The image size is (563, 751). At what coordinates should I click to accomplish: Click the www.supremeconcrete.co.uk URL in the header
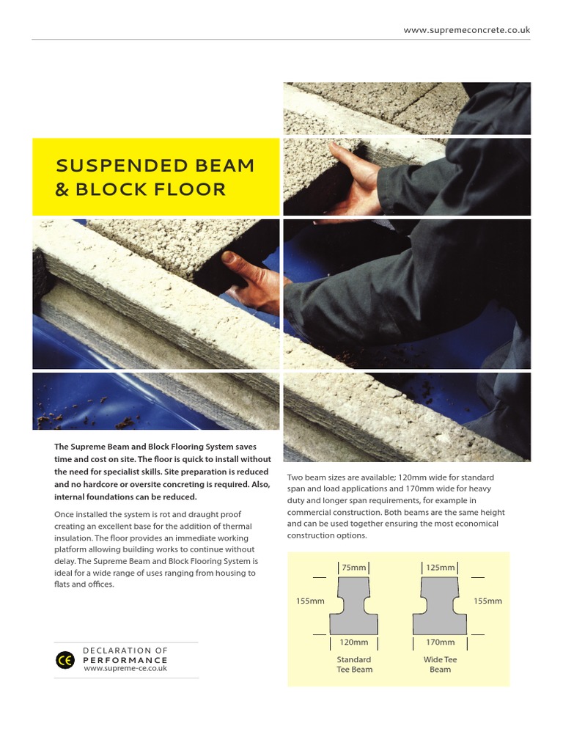(x=467, y=30)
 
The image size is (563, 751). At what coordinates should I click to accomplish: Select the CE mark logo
(x=65, y=659)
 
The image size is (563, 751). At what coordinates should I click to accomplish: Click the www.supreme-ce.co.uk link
(x=125, y=668)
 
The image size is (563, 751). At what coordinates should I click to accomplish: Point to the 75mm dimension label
(x=353, y=567)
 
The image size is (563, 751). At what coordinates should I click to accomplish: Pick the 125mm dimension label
(x=440, y=567)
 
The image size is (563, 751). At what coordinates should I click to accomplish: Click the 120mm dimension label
(x=353, y=642)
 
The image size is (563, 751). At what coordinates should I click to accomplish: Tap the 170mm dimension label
(x=440, y=642)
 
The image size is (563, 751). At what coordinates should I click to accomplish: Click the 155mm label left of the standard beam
(x=310, y=601)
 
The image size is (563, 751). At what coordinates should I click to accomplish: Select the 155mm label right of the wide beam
(x=487, y=601)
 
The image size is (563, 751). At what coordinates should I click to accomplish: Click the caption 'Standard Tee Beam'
(x=354, y=664)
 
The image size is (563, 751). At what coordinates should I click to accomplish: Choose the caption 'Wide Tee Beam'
(x=440, y=664)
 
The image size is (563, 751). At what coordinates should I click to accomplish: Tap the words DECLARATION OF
(x=125, y=651)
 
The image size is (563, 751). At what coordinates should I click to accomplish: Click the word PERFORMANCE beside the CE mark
(x=125, y=659)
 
